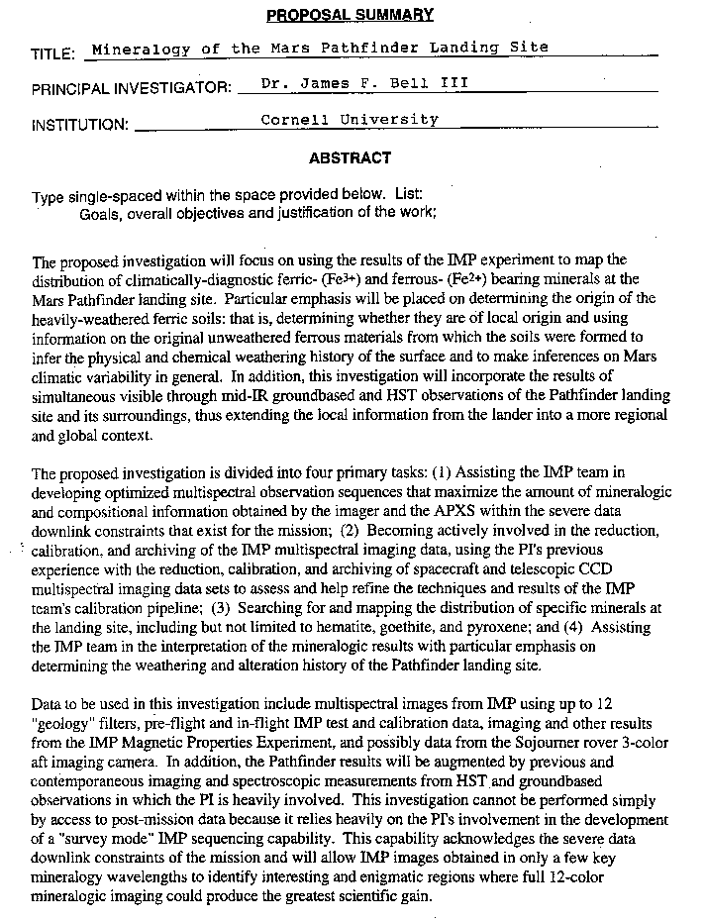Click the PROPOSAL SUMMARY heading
click(x=350, y=14)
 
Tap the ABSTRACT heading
click(x=350, y=157)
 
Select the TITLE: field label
click(x=53, y=52)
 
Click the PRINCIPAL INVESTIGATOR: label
click(x=131, y=88)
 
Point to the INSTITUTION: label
click(x=80, y=125)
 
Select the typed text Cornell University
click(x=349, y=120)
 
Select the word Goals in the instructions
click(x=100, y=213)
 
